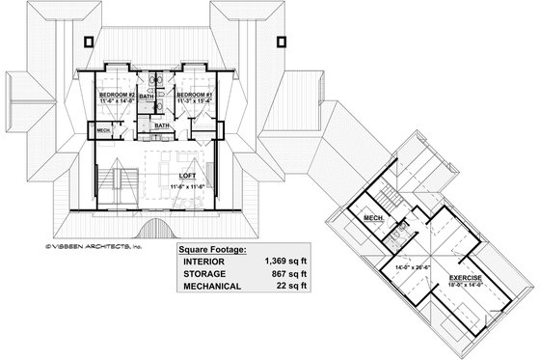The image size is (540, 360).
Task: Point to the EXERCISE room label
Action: [465, 277]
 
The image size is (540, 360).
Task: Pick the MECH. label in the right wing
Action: [374, 218]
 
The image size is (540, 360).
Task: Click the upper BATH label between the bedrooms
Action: [148, 97]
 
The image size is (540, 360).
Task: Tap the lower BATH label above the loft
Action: [164, 125]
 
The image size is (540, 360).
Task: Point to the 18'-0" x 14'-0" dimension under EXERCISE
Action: [465, 286]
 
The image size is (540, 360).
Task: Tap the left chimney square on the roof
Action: [89, 41]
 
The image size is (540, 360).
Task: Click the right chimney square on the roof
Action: [283, 41]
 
